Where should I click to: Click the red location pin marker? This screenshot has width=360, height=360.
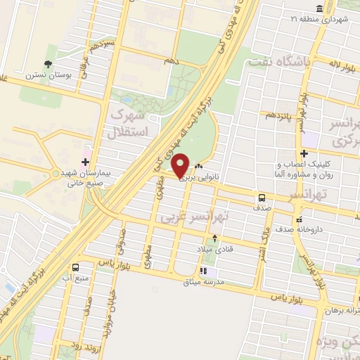(x=181, y=166)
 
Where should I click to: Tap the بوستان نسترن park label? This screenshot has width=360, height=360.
(x=46, y=74)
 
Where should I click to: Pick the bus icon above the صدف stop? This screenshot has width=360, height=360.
(x=261, y=198)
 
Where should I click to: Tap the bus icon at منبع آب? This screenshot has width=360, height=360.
(x=75, y=266)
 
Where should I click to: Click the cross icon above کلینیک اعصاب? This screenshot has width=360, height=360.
(x=304, y=153)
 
